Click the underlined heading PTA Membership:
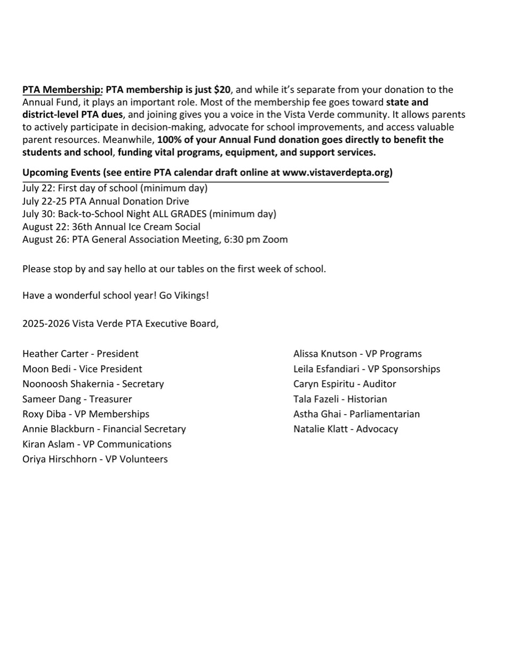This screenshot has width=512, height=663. tap(62, 90)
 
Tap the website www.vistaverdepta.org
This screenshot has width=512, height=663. tap(337, 172)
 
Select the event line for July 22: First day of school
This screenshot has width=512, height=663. tap(115, 188)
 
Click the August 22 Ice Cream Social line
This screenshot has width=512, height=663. tap(111, 227)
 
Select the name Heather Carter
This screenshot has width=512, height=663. tap(51, 354)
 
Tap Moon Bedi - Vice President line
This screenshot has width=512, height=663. tap(82, 369)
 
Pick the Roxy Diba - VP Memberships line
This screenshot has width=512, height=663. tap(85, 414)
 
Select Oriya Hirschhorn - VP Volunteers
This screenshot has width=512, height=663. tap(95, 459)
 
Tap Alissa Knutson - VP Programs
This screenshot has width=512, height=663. tap(357, 354)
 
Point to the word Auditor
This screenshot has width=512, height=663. tap(379, 384)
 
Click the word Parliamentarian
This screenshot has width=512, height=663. tap(385, 414)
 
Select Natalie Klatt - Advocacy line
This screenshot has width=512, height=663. tap(346, 429)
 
